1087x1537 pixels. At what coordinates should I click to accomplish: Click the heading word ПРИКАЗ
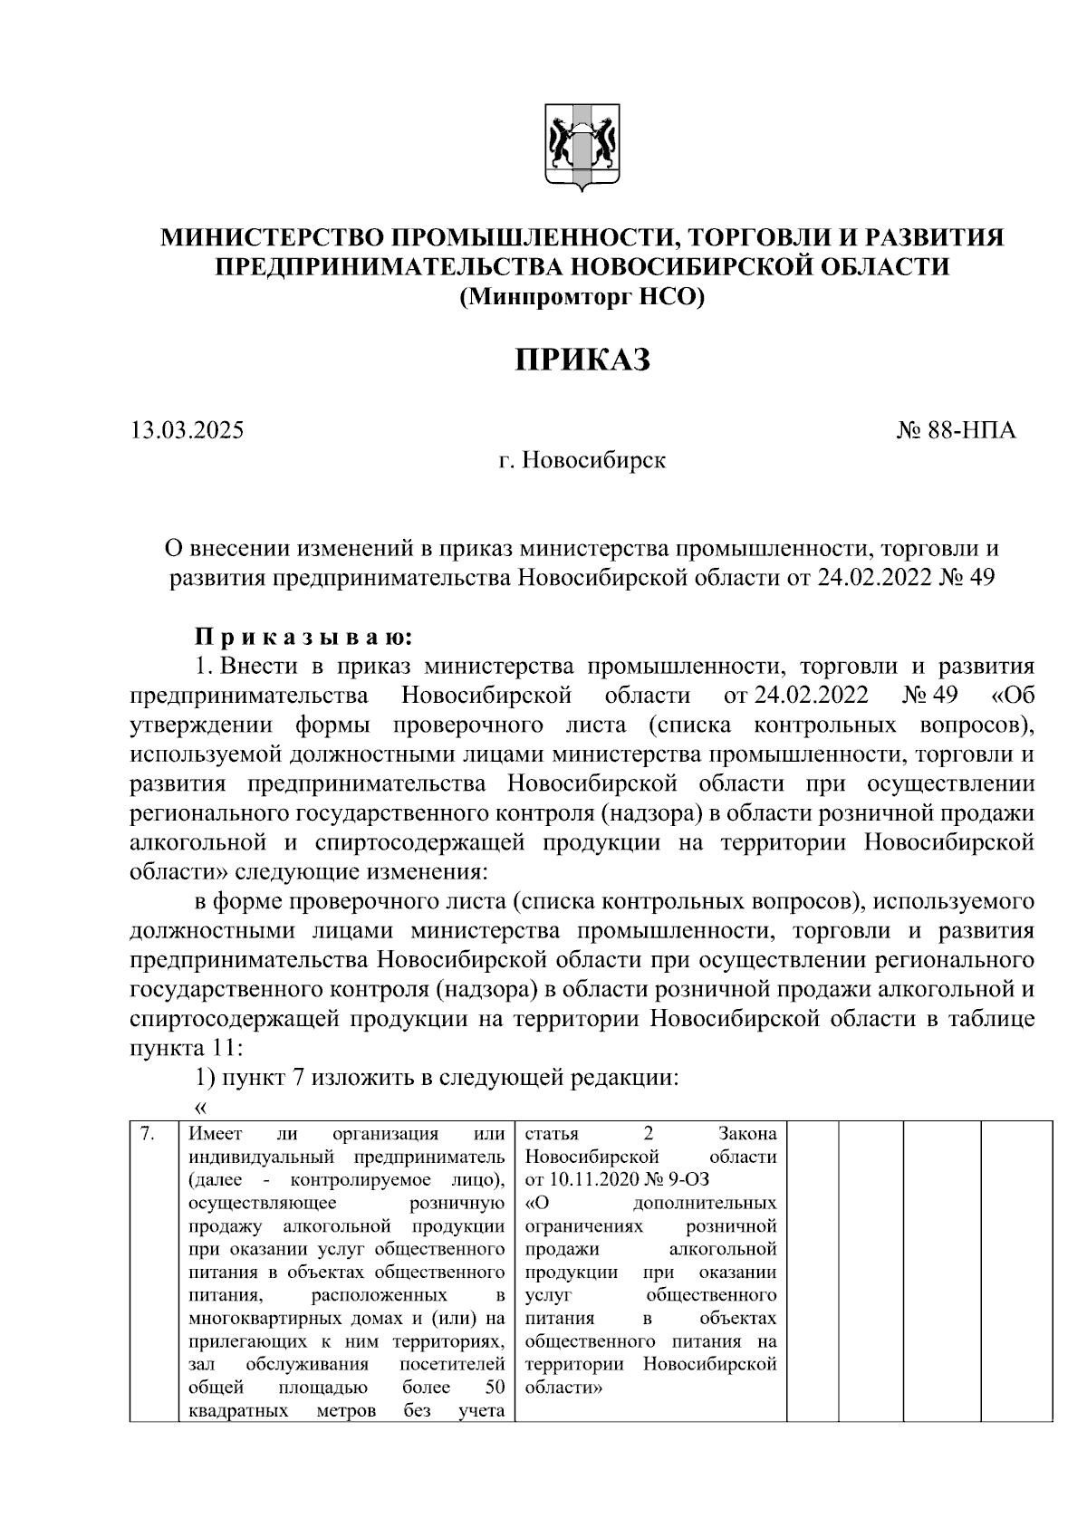click(x=582, y=360)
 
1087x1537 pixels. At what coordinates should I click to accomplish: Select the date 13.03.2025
click(x=188, y=431)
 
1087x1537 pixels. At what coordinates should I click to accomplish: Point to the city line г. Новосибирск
click(x=582, y=461)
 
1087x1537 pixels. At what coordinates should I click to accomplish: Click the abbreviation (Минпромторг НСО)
click(x=582, y=296)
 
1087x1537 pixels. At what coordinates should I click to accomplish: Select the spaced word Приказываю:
click(x=304, y=638)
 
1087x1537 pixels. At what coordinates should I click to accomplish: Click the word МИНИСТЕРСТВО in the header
click(x=272, y=238)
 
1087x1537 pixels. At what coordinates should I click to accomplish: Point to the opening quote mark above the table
click(x=201, y=1107)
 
